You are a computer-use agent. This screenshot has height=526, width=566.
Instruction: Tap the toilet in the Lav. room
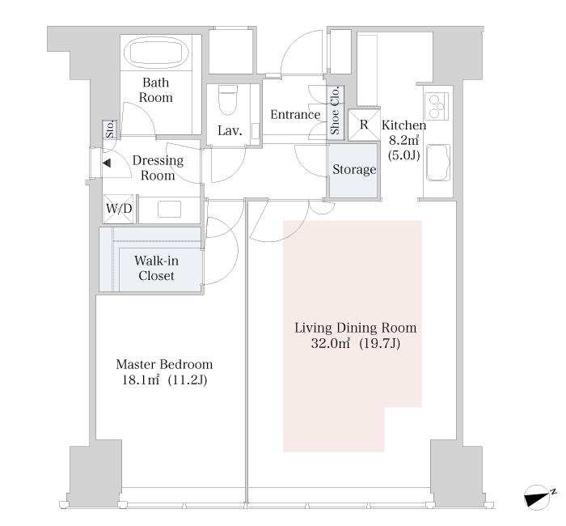(228, 100)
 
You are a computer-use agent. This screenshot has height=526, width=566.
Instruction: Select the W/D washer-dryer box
(119, 209)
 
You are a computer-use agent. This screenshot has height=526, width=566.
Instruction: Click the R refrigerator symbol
(364, 125)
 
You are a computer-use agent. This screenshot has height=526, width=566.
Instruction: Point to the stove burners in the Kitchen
(437, 106)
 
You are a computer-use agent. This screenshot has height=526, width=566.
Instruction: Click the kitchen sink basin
(438, 163)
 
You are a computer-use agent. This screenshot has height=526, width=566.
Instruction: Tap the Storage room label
(354, 169)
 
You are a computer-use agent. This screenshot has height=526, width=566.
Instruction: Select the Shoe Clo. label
(335, 111)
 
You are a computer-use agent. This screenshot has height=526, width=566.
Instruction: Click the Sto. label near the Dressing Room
(110, 129)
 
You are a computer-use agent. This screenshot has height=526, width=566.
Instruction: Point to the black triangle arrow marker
(107, 163)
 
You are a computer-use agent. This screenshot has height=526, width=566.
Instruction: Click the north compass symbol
(539, 498)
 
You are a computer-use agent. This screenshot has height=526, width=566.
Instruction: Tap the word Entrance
(295, 115)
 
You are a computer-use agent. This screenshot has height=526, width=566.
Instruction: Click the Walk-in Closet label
(156, 268)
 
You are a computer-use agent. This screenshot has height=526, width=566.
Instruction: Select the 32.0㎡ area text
(330, 343)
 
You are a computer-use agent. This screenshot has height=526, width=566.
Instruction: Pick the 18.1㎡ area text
(141, 380)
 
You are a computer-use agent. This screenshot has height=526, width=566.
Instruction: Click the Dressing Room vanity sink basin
(169, 210)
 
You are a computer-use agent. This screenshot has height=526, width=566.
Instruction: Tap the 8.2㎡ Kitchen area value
(404, 140)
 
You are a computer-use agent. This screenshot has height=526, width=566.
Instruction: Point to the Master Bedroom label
(164, 364)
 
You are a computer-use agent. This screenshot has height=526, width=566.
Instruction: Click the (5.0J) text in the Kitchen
(404, 155)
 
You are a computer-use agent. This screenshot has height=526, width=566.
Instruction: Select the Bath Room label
(156, 90)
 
